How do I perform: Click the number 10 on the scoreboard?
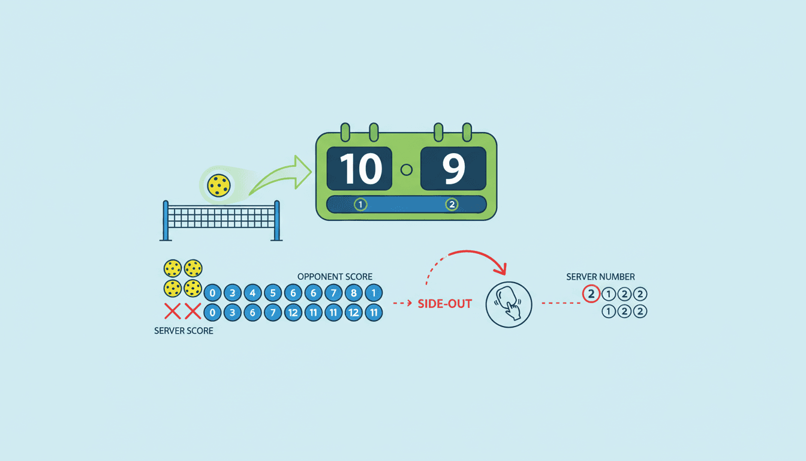tap(360, 169)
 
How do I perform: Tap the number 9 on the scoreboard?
tap(453, 169)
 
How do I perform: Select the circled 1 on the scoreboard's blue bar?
tap(360, 205)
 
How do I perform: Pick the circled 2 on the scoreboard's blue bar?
tap(452, 205)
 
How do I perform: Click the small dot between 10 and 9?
tap(406, 169)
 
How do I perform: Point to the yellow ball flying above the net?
tap(218, 185)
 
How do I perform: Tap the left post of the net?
tap(166, 220)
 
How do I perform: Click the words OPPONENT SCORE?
tap(335, 277)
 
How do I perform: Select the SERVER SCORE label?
tap(184, 331)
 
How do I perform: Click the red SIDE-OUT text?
tap(444, 304)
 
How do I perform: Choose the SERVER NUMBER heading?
tap(600, 277)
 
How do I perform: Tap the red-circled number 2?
tap(591, 294)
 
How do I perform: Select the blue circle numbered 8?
tap(354, 294)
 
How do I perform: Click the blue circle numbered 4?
tap(252, 294)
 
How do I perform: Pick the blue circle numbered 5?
tap(273, 294)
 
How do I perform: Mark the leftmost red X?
tap(173, 311)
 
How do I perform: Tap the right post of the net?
tap(276, 220)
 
